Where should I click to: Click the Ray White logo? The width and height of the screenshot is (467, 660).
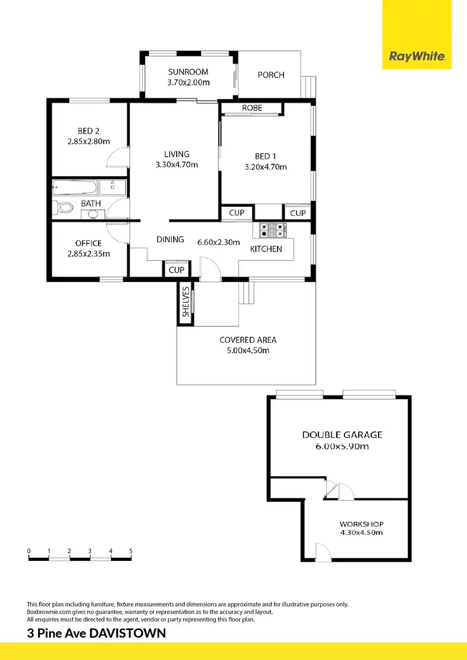tap(417, 57)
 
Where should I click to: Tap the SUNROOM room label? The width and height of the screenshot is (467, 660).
tap(188, 72)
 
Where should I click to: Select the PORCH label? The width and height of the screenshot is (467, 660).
tap(271, 75)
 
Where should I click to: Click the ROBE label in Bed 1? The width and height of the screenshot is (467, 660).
tap(252, 108)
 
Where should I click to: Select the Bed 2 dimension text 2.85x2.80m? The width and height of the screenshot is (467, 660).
tap(88, 142)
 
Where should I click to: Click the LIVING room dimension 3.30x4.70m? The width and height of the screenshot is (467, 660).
tap(176, 165)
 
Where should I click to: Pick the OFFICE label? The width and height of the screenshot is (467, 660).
tap(88, 243)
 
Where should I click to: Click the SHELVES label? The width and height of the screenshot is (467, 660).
tap(186, 301)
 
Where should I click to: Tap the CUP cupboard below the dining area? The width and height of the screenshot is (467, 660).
tap(176, 270)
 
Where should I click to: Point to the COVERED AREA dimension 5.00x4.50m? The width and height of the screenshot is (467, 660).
tap(248, 350)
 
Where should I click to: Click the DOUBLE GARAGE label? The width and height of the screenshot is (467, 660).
tap(342, 435)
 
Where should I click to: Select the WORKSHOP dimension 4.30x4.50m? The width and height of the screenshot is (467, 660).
tap(361, 532)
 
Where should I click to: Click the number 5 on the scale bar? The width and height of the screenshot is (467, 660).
tap(131, 551)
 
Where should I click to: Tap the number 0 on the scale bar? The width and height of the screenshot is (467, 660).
tap(29, 551)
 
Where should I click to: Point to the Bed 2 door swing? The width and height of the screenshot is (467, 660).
tap(117, 159)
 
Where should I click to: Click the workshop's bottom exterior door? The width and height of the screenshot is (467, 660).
tap(322, 551)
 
